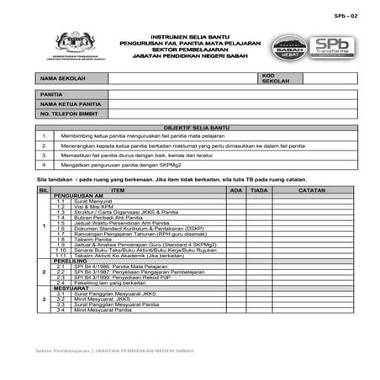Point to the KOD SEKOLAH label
tap(275, 77)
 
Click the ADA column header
tap(237, 191)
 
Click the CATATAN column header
tap(312, 191)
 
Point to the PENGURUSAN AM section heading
tap(80, 197)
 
